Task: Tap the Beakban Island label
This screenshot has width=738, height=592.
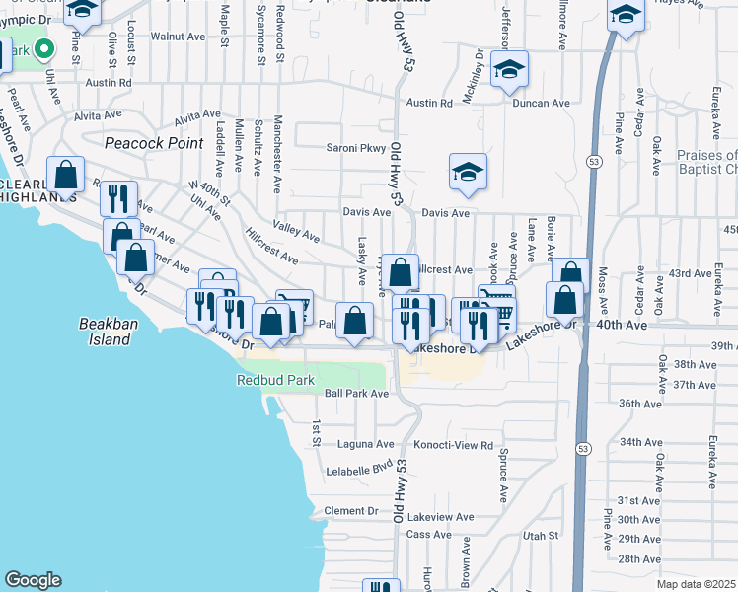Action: (106, 332)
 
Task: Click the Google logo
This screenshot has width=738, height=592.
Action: (33, 580)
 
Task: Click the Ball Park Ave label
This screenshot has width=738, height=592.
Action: (357, 393)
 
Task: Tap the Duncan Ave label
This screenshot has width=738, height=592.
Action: (547, 103)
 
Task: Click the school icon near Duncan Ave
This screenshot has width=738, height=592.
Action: (510, 70)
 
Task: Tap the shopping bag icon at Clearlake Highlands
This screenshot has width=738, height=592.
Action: (66, 176)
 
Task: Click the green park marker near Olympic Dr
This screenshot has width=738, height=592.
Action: (43, 48)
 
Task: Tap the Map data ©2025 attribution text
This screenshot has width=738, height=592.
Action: (697, 584)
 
